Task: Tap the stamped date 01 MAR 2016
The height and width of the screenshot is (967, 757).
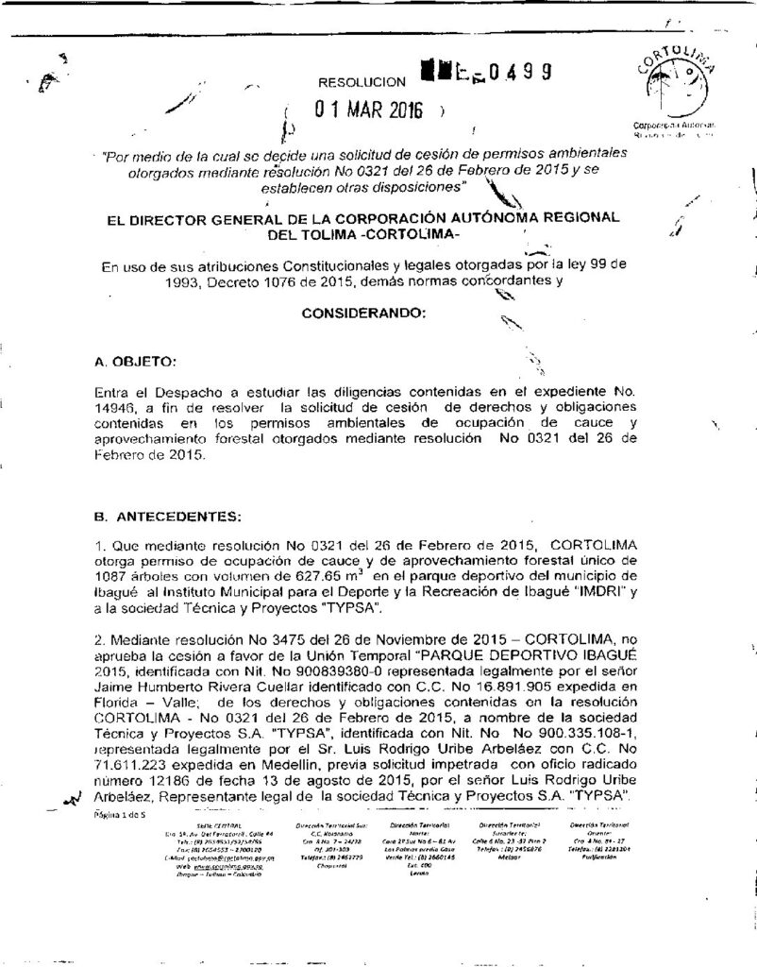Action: [x=369, y=109]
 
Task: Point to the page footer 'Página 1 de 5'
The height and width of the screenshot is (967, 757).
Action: [x=119, y=814]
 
